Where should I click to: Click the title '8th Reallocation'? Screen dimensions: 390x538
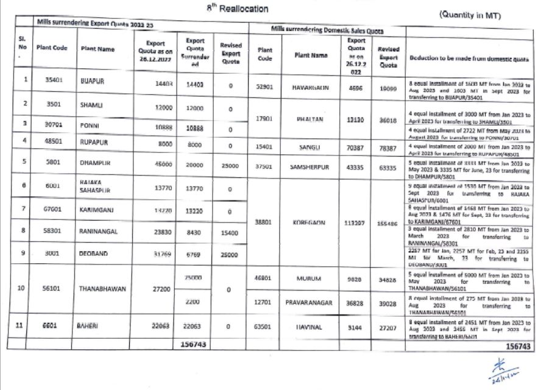238,9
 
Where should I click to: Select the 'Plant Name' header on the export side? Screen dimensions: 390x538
97,49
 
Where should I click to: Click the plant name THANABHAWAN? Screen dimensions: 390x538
102,289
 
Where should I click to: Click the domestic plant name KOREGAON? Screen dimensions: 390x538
311,223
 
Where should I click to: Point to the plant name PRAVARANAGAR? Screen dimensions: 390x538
311,302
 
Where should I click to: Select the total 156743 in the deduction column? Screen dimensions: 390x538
513,346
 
